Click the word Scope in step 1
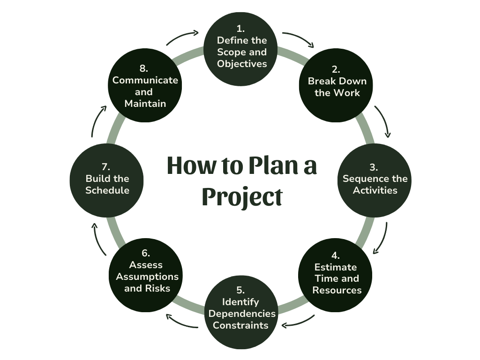click(230, 52)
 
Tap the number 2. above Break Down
click(336, 69)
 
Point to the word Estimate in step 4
click(336, 267)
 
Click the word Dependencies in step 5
click(242, 313)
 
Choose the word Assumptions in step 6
click(147, 277)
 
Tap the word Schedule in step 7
click(107, 190)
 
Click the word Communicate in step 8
click(145, 80)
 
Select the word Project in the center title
click(242, 197)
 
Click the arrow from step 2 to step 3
click(383, 121)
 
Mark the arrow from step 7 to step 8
click(97, 121)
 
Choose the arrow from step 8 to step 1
click(183, 37)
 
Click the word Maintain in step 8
click(145, 104)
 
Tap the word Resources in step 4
click(337, 290)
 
